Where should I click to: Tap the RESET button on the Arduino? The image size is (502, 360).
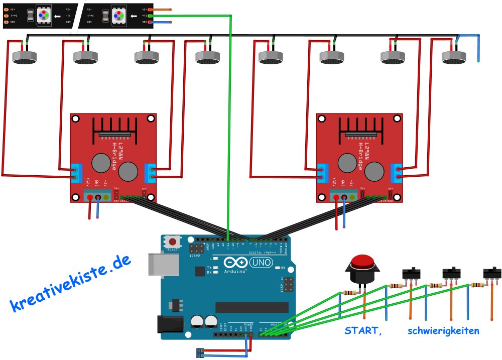173,242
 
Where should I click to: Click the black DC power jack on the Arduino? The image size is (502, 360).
169,324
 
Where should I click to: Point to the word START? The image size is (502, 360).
361,331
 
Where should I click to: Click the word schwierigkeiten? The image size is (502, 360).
443,331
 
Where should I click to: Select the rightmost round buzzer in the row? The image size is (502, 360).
454,58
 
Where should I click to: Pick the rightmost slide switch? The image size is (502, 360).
491,274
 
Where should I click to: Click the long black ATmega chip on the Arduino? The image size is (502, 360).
252,307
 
